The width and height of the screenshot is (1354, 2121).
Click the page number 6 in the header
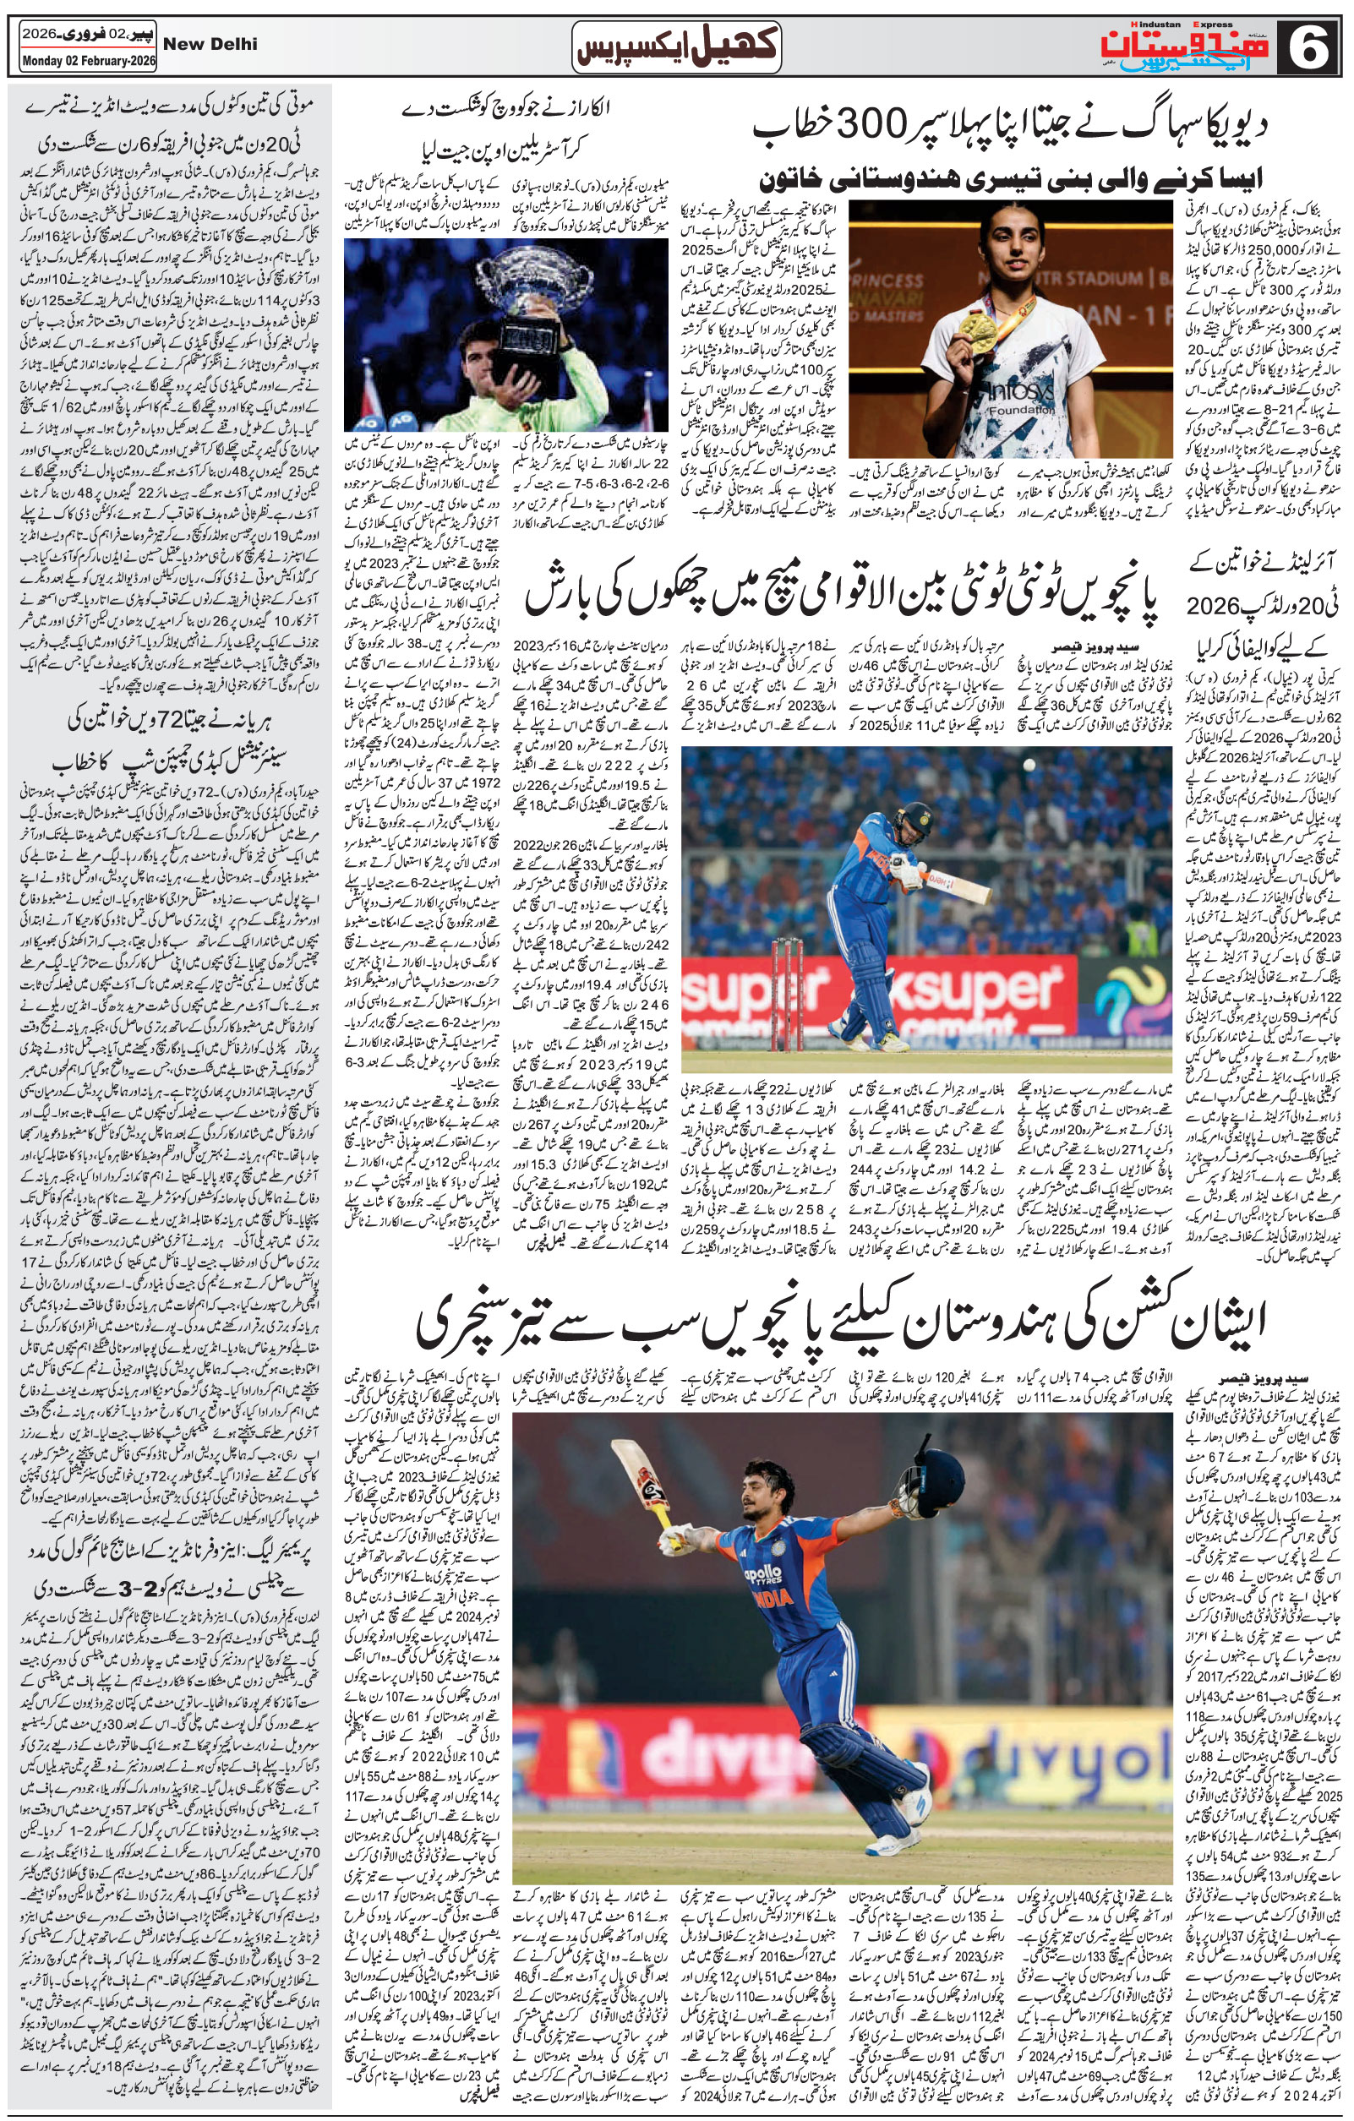point(1310,46)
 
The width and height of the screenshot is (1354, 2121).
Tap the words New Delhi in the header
point(210,43)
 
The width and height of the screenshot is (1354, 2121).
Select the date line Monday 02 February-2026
point(79,63)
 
